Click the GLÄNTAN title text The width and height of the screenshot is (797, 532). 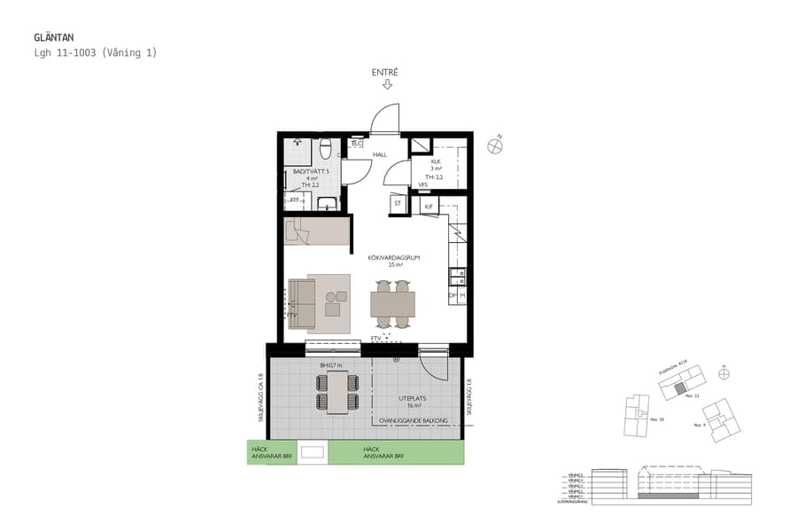(55, 38)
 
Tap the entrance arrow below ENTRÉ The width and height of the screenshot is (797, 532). (387, 85)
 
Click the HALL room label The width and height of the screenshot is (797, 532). (380, 154)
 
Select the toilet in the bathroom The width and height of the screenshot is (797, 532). (325, 146)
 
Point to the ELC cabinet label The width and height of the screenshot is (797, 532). (357, 144)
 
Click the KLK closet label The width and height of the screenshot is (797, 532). (435, 162)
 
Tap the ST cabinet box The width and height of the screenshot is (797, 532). (398, 204)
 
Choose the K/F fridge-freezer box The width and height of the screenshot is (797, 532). (429, 207)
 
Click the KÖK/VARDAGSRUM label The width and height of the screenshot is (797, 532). (392, 257)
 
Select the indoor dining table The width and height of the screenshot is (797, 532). (392, 304)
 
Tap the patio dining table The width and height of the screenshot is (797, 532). (337, 391)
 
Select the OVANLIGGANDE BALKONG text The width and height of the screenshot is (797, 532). (414, 421)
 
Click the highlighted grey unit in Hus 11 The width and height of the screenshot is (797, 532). (679, 387)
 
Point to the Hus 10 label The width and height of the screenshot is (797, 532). (656, 419)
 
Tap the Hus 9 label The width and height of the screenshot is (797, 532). (699, 426)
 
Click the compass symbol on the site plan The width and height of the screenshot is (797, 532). (724, 373)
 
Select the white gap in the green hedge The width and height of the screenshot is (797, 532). (313, 452)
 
